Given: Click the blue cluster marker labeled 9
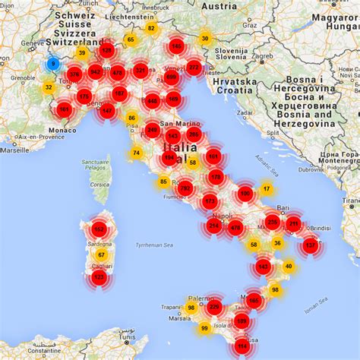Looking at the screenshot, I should click(53, 64).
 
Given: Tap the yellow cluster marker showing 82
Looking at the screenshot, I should click(151, 28).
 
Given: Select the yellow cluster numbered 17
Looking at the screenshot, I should click(266, 188).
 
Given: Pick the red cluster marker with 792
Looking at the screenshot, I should click(185, 188).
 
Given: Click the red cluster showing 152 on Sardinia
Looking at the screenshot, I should click(99, 229).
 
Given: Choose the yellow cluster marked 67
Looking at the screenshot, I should click(101, 254).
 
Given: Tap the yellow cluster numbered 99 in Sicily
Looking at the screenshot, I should click(204, 328).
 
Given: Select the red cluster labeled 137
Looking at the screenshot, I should click(310, 245).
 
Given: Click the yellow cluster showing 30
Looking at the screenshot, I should click(204, 39).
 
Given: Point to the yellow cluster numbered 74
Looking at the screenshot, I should click(136, 153).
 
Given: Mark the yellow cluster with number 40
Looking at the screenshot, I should click(288, 267).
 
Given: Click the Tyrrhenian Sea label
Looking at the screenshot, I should click(155, 245).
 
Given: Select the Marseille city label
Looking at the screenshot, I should click(15, 150).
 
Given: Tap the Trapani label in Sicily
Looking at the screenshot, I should click(172, 306).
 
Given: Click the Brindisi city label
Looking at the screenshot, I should click(318, 227).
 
